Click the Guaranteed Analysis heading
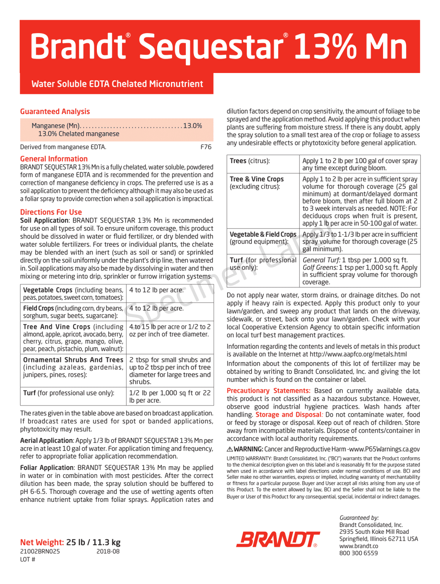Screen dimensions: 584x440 click(55, 111)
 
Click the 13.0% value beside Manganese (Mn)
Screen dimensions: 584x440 click(192, 126)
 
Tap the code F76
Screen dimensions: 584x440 click(206, 147)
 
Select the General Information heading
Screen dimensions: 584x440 click(54, 159)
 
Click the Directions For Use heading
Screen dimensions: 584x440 click(51, 212)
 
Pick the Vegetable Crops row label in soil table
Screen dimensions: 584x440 click(48, 290)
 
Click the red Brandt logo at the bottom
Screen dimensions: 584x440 click(278, 539)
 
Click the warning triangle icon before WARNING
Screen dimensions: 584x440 click(230, 449)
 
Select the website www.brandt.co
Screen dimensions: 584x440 click(359, 546)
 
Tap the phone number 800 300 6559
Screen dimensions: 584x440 click(358, 553)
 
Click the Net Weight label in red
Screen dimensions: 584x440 click(42, 542)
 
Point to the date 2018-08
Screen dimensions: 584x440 click(108, 551)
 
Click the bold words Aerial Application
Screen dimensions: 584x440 click(46, 440)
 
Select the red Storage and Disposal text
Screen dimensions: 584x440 click(288, 414)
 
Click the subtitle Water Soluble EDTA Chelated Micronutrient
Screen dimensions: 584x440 click(117, 84)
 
